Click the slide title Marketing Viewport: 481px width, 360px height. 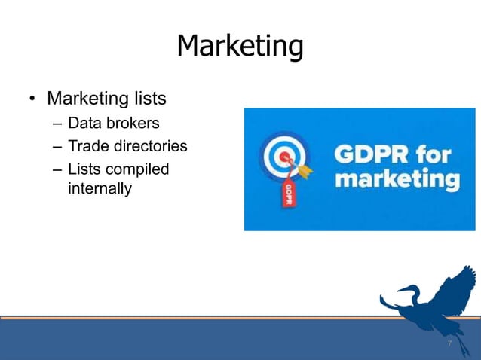240,47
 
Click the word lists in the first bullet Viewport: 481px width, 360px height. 147,99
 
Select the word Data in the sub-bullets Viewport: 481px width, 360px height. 84,123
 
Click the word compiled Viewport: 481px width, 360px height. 140,169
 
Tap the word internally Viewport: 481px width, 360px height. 100,188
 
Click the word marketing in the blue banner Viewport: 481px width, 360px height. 397,181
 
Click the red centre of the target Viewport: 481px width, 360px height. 284,158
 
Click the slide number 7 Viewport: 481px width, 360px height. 449,343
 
